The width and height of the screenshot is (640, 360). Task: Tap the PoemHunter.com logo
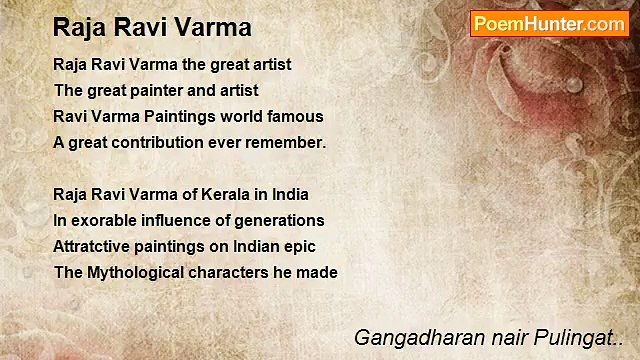[x=550, y=24]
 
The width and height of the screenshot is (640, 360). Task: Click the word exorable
[x=103, y=220]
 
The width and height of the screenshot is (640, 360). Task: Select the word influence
[x=174, y=220]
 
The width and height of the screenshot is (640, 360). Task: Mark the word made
[x=319, y=272]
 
